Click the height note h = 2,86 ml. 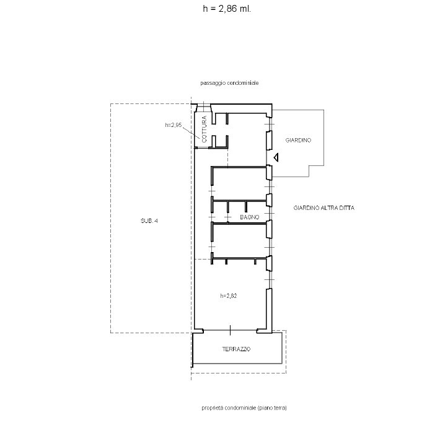pos(227,9)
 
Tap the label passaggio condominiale pos(229,83)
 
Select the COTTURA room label pos(204,129)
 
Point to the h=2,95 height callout pos(174,125)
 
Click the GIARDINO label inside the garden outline pos(298,140)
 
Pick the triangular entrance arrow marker pos(276,157)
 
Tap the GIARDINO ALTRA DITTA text pos(324,208)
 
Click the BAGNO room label pos(250,217)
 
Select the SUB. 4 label pos(149,221)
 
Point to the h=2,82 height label pos(229,295)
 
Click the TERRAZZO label pos(236,349)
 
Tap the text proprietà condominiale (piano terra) pos(244,408)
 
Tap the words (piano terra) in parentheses pos(272,408)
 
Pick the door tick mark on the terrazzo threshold pos(230,330)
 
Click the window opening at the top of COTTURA pos(204,107)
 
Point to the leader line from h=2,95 pos(191,133)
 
